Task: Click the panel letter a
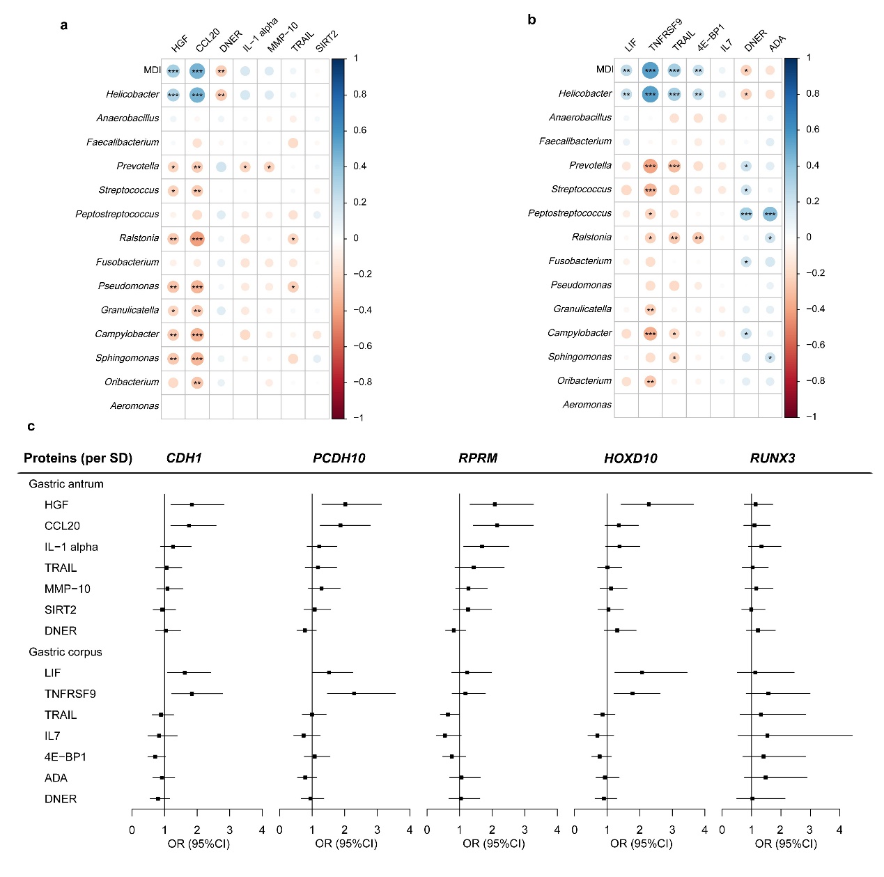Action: point(64,26)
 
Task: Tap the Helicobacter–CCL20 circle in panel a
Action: point(197,95)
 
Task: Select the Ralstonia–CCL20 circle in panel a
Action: point(197,239)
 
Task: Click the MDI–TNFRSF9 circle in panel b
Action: point(650,70)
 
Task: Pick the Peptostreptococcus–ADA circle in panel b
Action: point(770,214)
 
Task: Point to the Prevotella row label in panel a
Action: point(138,166)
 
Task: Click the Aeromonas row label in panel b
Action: point(587,405)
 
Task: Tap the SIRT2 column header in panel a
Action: point(326,41)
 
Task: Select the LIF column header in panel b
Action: point(630,45)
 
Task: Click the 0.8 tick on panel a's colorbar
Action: point(359,94)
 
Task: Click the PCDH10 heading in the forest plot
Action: point(339,458)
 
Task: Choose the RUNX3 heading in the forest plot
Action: point(773,458)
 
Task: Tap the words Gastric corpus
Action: point(65,652)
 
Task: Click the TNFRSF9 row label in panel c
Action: point(70,694)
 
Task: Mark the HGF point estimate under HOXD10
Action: point(649,504)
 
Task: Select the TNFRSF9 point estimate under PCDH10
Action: point(354,694)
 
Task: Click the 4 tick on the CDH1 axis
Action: point(262,830)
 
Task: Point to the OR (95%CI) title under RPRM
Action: point(493,844)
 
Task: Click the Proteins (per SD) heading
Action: point(78,458)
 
